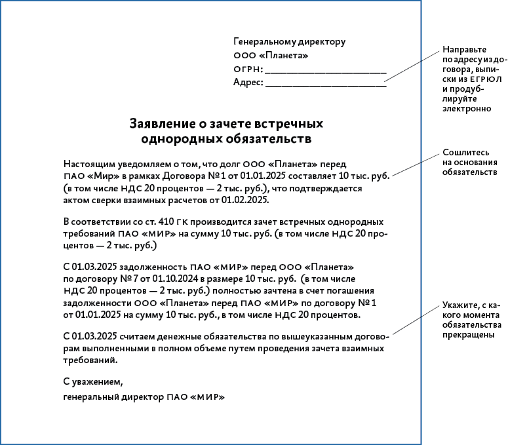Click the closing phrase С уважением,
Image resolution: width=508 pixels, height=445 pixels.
[93, 381]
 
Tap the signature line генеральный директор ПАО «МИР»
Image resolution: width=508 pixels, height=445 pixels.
[144, 397]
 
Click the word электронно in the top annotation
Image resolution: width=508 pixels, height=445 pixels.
[466, 108]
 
